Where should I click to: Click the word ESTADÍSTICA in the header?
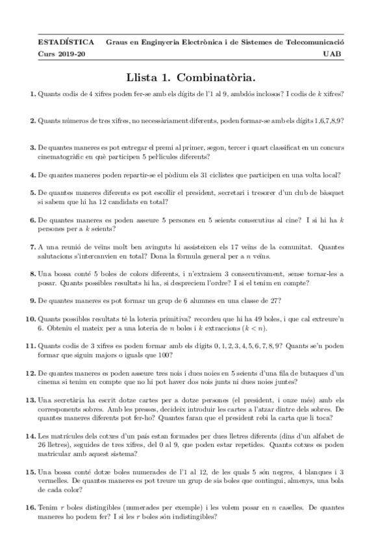pyautogui.click(x=61, y=42)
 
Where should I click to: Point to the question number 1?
pyautogui.click(x=32, y=95)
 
